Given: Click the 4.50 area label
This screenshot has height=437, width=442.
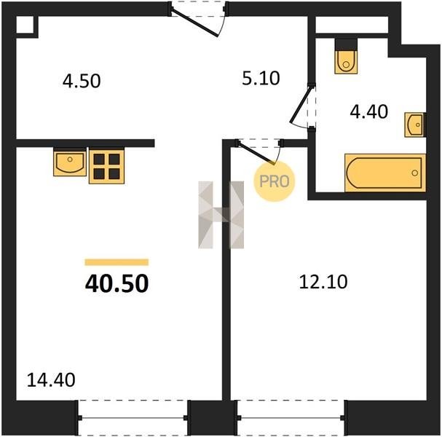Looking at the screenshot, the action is tap(82, 81).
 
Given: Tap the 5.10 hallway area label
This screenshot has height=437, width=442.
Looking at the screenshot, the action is tap(261, 78).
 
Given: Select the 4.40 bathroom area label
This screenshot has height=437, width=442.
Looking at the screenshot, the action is tap(368, 111).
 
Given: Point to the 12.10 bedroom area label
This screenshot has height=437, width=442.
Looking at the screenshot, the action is tap(323, 282).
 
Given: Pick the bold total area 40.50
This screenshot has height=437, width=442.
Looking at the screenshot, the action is tap(117, 283).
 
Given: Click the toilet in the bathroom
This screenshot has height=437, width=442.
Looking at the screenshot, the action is tap(346, 62).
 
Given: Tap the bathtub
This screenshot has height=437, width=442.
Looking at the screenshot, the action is tap(385, 173).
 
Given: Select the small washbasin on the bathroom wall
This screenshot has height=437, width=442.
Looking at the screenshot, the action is tap(414, 125).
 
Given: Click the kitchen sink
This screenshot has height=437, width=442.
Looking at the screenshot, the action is tap(70, 163).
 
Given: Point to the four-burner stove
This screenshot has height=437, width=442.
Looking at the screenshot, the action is tap(106, 167).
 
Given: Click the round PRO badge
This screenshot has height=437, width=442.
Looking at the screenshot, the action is tap(274, 181).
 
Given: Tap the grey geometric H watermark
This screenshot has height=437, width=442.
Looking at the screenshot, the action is tap(221, 215).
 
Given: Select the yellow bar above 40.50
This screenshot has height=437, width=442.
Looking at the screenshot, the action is tap(117, 262).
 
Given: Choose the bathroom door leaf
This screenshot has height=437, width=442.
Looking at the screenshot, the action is tap(301, 105).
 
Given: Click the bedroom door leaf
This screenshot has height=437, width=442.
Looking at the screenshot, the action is tap(256, 154).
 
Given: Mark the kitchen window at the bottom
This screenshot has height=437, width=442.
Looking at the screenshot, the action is tap(133, 418).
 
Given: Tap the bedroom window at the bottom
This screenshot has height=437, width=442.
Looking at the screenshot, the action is tap(291, 418).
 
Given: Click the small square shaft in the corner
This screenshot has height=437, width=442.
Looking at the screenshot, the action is tap(25, 25).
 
